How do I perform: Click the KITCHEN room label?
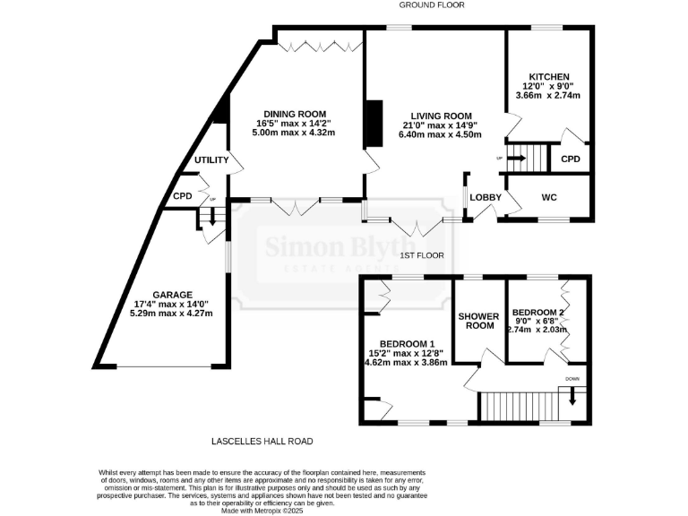(x=548, y=77)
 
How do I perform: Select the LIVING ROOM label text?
(x=441, y=116)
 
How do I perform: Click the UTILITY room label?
(x=212, y=160)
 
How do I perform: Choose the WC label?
(x=549, y=195)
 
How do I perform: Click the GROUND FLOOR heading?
(x=434, y=5)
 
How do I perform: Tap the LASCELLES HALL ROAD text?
(x=262, y=441)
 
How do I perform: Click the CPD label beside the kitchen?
(x=570, y=159)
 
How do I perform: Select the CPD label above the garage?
(x=183, y=196)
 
